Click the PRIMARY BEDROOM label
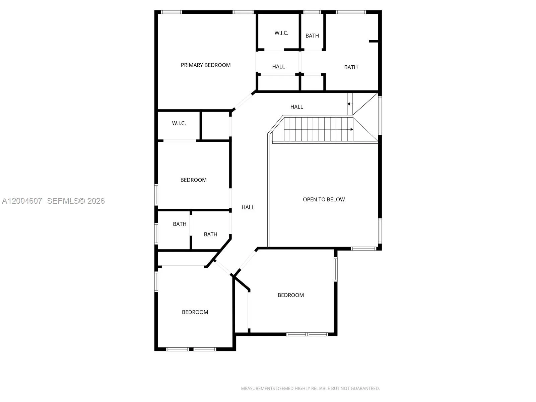point(206,65)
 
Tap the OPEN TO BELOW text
point(324,199)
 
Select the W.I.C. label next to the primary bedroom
point(281,33)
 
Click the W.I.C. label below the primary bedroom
point(179,123)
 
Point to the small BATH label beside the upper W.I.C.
point(312,36)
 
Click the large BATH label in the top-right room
point(351,67)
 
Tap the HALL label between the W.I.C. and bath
point(278,67)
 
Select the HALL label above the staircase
point(296,107)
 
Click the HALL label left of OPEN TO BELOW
point(248,207)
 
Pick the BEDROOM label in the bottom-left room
point(195,312)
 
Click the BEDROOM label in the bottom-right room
point(291,295)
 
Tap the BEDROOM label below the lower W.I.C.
point(193,180)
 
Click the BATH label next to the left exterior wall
point(180,224)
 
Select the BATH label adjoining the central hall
point(210,234)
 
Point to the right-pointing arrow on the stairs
point(351,129)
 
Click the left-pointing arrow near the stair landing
point(349,104)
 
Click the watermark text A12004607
point(22,201)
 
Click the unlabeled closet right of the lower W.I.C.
point(216,126)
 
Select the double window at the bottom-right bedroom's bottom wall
point(308,334)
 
